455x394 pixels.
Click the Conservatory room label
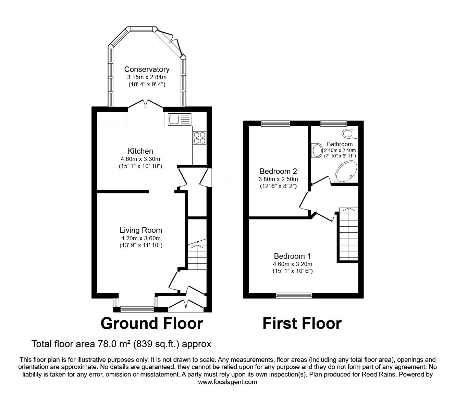click(147, 69)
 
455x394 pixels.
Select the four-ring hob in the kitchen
click(199, 138)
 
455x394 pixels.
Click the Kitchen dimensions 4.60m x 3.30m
click(140, 159)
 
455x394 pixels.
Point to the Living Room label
click(140, 230)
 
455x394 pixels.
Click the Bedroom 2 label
click(278, 171)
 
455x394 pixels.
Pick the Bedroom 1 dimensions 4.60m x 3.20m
click(292, 264)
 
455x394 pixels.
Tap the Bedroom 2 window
click(275, 123)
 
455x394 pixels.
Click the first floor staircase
click(348, 234)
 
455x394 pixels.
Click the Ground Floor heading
click(152, 323)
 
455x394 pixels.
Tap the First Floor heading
click(302, 323)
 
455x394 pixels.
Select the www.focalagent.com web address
click(227, 382)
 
